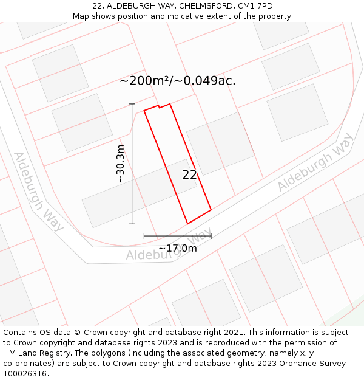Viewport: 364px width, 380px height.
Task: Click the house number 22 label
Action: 189,174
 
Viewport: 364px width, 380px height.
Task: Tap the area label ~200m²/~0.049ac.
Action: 177,81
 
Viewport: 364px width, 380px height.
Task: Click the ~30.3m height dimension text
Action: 120,164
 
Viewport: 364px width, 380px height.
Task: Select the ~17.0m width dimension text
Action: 177,248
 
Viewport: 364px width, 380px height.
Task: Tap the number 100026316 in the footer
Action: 25,373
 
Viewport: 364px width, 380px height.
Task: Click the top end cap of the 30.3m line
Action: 132,105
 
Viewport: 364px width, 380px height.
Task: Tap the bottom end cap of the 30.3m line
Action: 132,224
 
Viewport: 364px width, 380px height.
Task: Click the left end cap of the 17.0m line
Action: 144,236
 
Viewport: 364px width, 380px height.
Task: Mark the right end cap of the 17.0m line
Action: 211,236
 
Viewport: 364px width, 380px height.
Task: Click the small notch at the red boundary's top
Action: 159,106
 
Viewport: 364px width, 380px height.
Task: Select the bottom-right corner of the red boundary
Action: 211,210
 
